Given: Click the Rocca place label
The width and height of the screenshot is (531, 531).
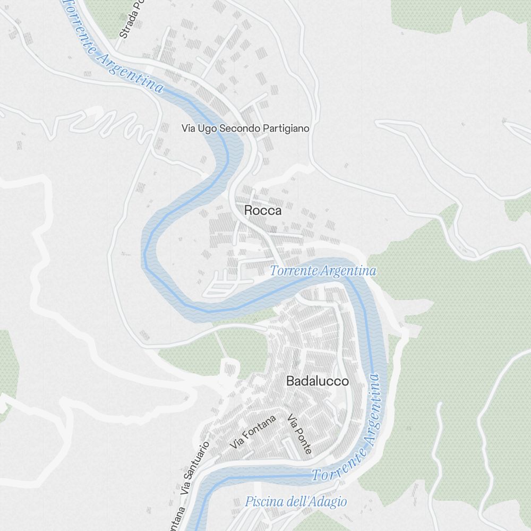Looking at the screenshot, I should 263,211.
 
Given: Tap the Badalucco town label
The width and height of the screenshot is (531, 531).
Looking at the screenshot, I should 318,381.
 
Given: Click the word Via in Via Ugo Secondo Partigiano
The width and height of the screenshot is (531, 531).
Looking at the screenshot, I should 189,129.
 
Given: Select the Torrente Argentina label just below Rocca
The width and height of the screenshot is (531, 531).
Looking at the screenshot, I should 323,271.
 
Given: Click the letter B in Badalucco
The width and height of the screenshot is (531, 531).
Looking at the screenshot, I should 290,381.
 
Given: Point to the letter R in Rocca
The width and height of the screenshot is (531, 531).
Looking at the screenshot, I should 248,211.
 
